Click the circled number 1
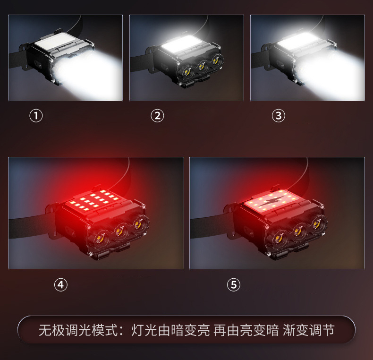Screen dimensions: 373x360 coord(36,116)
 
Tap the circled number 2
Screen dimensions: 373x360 coord(157,116)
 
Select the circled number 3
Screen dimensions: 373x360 coord(279,116)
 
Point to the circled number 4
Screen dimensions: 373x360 coord(60,285)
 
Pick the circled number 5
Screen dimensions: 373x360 coord(234,285)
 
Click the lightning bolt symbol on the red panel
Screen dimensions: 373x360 coord(271,201)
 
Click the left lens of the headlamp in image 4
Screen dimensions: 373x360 coord(100,237)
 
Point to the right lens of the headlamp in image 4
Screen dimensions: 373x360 coord(137,224)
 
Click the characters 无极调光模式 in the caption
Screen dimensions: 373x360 coord(79,330)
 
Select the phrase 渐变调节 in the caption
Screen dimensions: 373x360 coord(309,330)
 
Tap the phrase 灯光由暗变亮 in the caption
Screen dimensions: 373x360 coord(170,330)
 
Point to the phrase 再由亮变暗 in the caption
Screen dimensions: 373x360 coord(246,330)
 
